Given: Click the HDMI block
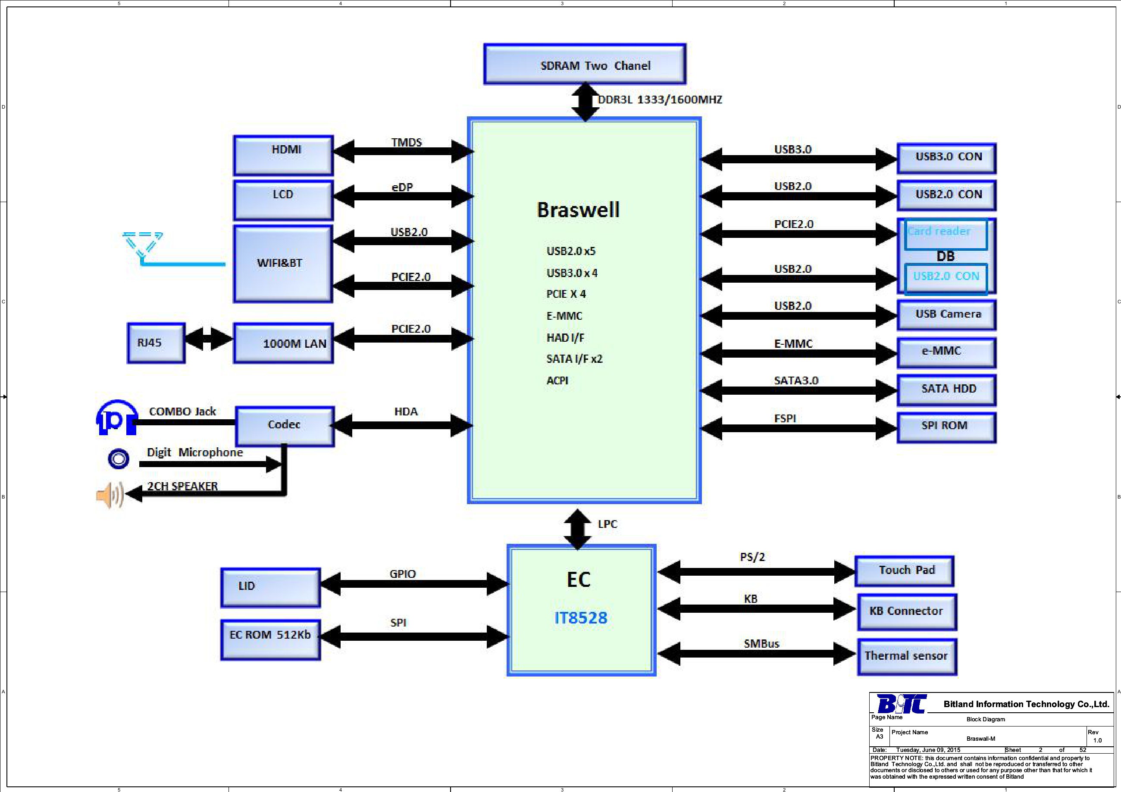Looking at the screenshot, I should [283, 155].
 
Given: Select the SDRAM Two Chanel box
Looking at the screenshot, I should [585, 64].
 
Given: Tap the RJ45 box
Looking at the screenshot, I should [156, 343].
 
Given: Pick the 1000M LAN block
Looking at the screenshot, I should [283, 343].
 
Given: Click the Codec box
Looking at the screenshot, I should [285, 426].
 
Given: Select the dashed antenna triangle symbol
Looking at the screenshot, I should [142, 243].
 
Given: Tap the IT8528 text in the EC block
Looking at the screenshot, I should [580, 618].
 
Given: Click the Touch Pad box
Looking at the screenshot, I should [904, 571].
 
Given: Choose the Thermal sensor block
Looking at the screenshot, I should [907, 656].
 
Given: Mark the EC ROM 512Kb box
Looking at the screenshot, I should [270, 639].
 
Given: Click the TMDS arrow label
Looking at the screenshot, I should [406, 143].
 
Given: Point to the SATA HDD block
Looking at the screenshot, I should [947, 390].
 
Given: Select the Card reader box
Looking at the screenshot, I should [945, 234].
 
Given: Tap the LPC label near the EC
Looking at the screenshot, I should [607, 524].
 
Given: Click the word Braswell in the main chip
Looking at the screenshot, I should [578, 210].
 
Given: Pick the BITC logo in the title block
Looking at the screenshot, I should [901, 704].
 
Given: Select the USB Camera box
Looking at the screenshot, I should [947, 315].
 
